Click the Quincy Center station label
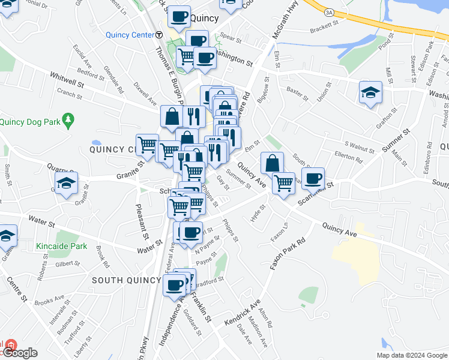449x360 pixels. pyautogui.click(x=130, y=35)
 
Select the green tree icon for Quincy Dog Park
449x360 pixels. pyautogui.click(x=68, y=121)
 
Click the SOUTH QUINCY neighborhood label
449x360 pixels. pyautogui.click(x=126, y=280)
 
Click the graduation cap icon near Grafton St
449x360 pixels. pyautogui.click(x=371, y=92)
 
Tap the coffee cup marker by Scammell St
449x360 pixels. pyautogui.click(x=313, y=178)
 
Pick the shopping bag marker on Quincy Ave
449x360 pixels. pyautogui.click(x=273, y=163)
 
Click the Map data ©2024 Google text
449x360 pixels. pyautogui.click(x=412, y=355)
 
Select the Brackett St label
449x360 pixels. pyautogui.click(x=324, y=31)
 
